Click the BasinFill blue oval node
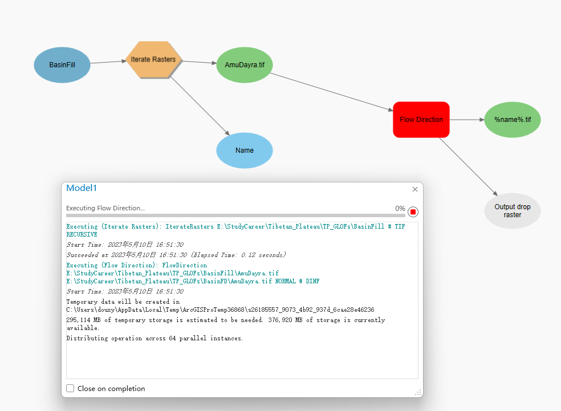point(62,65)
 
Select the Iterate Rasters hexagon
point(153,59)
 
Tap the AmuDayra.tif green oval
point(245,65)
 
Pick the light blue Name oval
point(245,150)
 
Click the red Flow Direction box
point(421,120)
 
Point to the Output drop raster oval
point(513,210)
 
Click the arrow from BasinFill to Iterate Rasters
point(108,62)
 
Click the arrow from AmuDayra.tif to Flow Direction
point(331,91)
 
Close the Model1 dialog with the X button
point(415,189)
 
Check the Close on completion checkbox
point(70,388)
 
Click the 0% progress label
point(400,209)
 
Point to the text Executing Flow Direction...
point(105,209)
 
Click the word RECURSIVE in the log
point(82,234)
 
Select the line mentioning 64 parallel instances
point(155,338)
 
